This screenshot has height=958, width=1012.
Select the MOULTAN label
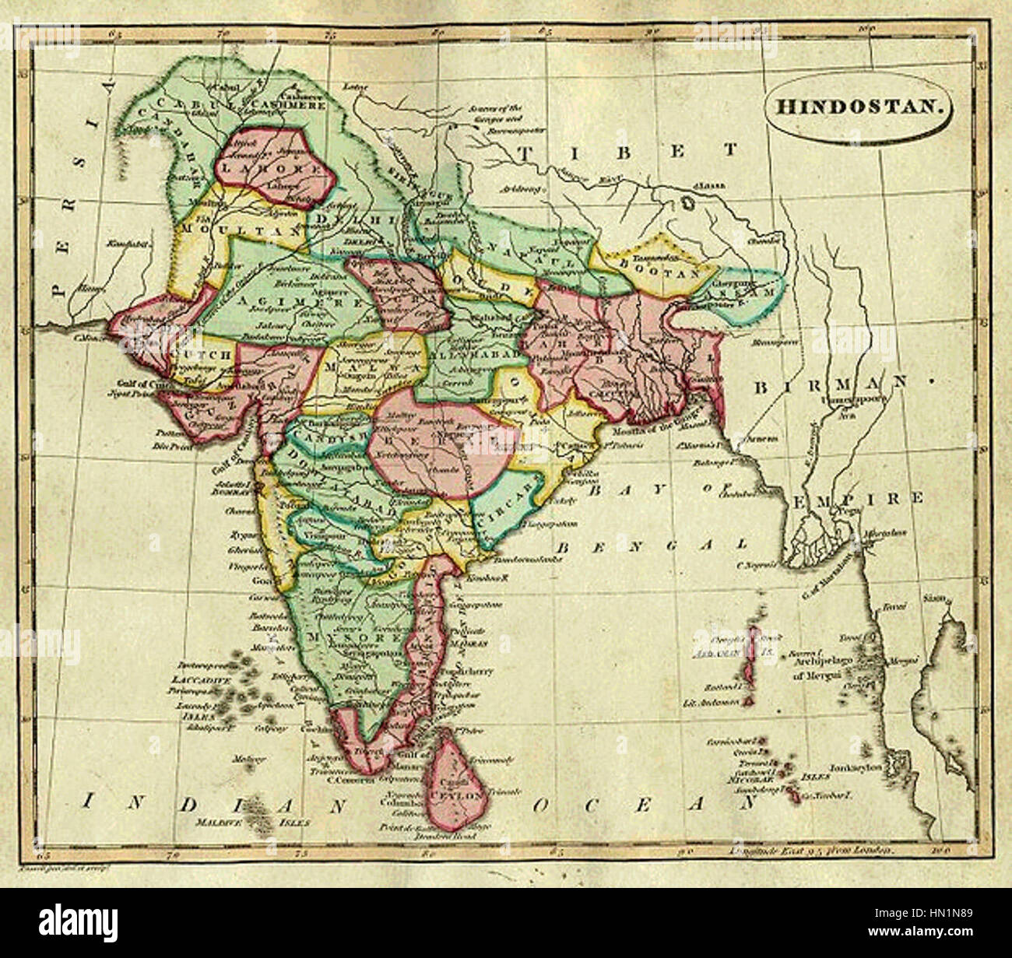222,232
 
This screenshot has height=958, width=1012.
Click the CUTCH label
208,354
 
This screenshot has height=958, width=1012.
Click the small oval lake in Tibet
686,203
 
